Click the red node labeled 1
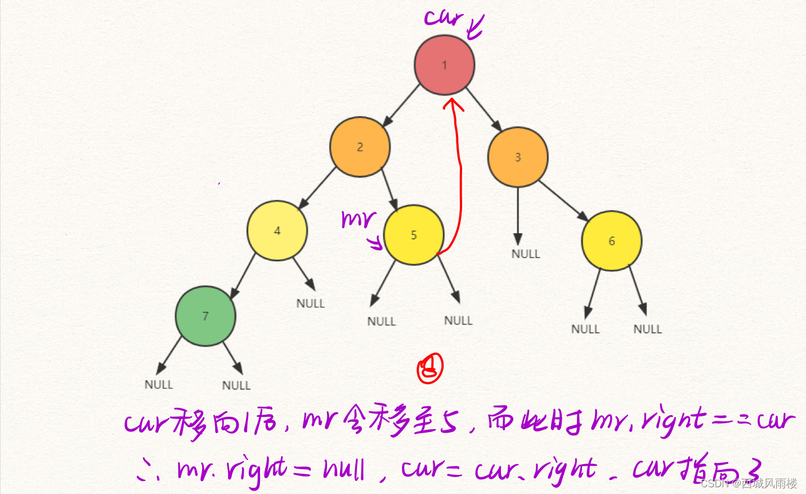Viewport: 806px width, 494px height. pos(444,65)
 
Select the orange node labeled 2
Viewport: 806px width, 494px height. pos(360,147)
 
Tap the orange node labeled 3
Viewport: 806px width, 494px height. pos(517,157)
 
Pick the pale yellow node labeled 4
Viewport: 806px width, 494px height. pos(277,230)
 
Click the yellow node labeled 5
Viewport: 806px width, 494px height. pos(414,235)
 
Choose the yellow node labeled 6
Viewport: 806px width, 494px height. pos(611,241)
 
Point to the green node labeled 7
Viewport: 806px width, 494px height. pos(205,316)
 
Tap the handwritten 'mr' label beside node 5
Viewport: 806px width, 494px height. pos(358,219)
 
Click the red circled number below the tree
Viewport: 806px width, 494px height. pos(430,368)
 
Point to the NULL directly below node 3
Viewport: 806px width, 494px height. pos(525,254)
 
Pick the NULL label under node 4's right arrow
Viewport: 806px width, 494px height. pos(311,304)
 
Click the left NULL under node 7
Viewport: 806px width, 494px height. pos(159,385)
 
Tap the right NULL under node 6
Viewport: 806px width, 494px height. pos(647,329)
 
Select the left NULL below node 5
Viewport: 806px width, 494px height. pos(382,322)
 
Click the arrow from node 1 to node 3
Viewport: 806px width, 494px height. pos(484,109)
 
